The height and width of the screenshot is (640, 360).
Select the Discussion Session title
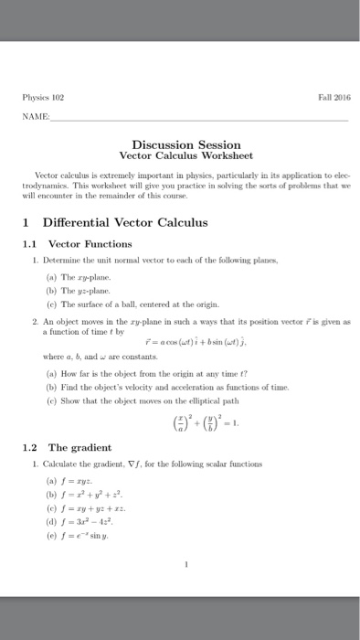tap(185, 144)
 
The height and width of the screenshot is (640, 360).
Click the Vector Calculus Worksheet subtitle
tap(185, 156)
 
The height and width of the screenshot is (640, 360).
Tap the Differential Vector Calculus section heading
tap(119, 222)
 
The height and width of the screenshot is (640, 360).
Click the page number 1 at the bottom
tap(186, 565)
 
